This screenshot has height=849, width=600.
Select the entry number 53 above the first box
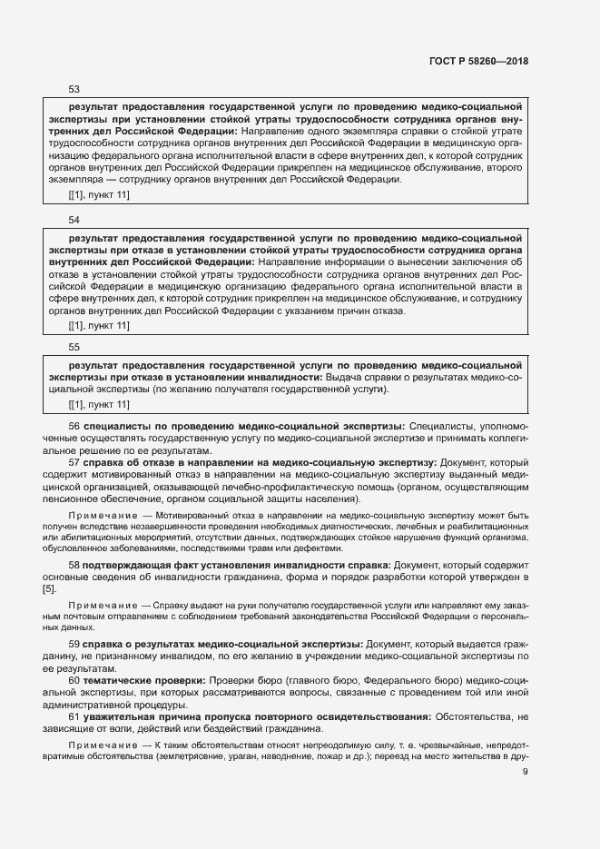point(74,89)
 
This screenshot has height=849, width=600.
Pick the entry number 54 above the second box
point(74,220)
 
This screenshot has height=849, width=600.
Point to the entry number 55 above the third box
point(74,347)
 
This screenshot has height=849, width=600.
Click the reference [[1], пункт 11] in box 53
point(99,195)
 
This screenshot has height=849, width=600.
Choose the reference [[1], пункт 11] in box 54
point(99,325)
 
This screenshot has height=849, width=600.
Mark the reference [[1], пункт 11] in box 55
point(99,404)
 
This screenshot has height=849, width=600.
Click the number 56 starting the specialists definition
point(74,425)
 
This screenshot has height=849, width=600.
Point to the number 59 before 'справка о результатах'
point(74,643)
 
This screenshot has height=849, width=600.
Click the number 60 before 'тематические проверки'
point(74,680)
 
